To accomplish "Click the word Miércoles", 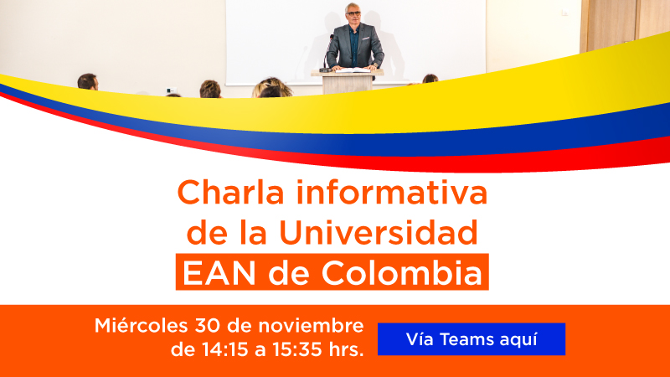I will coord(141,325).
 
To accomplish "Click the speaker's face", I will coord(353,16).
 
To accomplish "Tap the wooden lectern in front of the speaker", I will coord(347,81).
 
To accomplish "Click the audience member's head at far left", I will coord(87,81).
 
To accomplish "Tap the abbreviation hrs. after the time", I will coord(347,349).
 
